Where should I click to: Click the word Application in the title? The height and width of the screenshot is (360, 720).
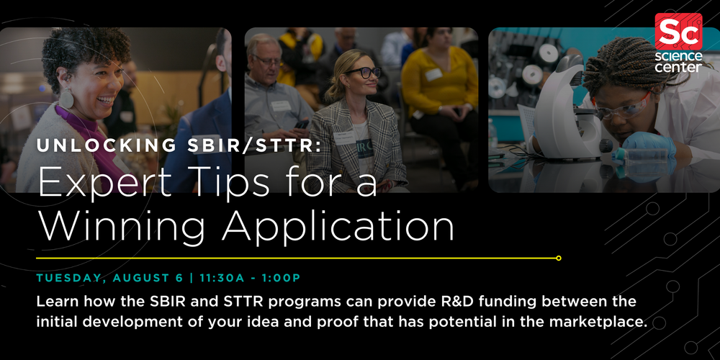click(x=338, y=226)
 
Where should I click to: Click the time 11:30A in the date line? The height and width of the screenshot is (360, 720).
click(x=224, y=277)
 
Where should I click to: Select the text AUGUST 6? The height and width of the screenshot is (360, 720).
click(x=151, y=277)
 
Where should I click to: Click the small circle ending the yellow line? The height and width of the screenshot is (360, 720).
click(x=559, y=258)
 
